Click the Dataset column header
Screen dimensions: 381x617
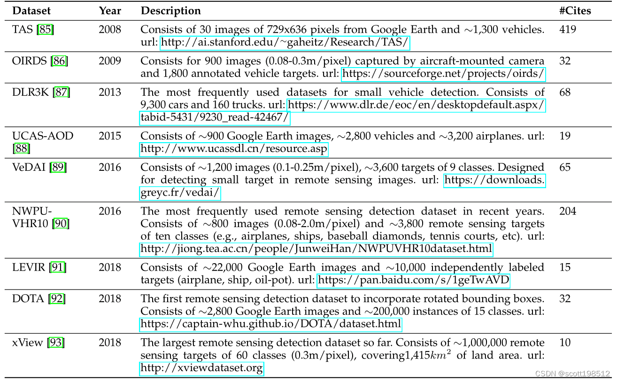coord(31,10)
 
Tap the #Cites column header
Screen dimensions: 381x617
coord(575,10)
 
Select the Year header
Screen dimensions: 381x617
coord(110,10)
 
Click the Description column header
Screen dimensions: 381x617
coord(171,10)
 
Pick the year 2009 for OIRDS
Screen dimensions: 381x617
coord(110,61)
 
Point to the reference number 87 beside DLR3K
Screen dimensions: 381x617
coord(62,92)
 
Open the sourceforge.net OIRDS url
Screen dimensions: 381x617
coord(443,74)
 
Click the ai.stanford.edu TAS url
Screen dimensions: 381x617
coord(285,43)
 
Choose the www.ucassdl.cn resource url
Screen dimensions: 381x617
coord(234,150)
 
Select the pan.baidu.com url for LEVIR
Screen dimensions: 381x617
coord(414,281)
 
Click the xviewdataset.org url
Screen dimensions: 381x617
coord(202,368)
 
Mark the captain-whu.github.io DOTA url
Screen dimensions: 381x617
coord(271,324)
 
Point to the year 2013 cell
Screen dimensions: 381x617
coord(110,92)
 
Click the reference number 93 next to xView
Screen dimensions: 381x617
coord(56,343)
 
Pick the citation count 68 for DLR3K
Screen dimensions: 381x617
coord(565,92)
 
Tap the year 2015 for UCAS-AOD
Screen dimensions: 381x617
coord(110,136)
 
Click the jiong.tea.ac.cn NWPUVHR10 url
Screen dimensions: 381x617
coord(316,249)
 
